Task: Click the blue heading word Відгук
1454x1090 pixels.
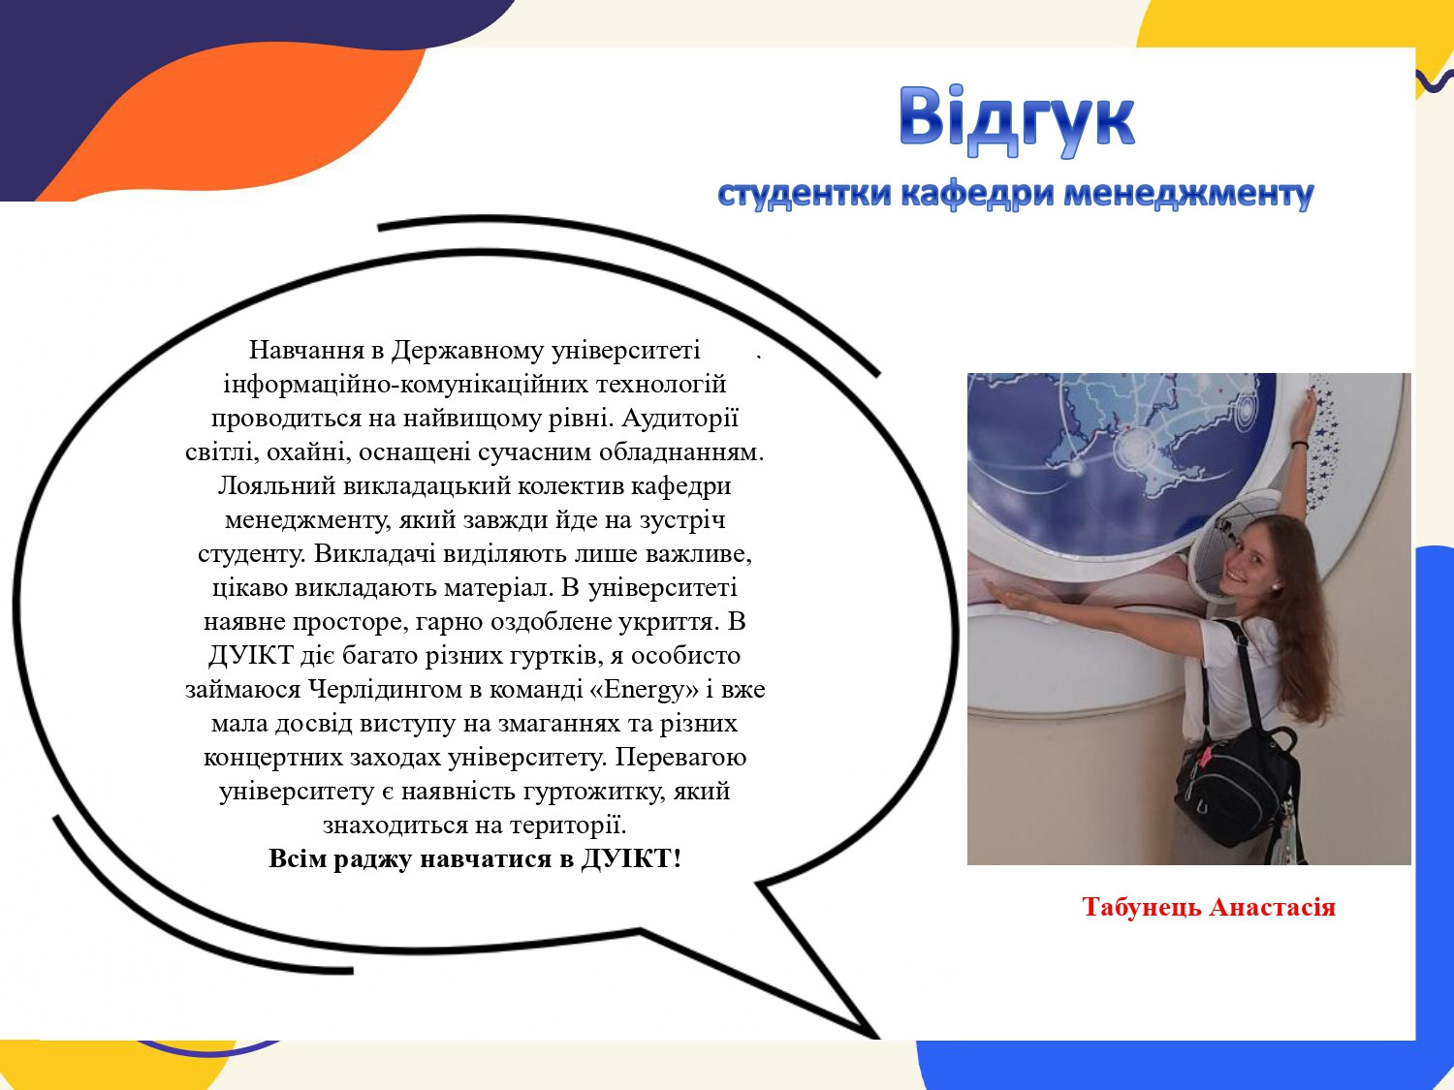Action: (x=1016, y=120)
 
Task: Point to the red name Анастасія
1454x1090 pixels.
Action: (x=1273, y=906)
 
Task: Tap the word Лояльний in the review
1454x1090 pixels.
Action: (x=277, y=485)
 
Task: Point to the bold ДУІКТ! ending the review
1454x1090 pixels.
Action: (x=631, y=858)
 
